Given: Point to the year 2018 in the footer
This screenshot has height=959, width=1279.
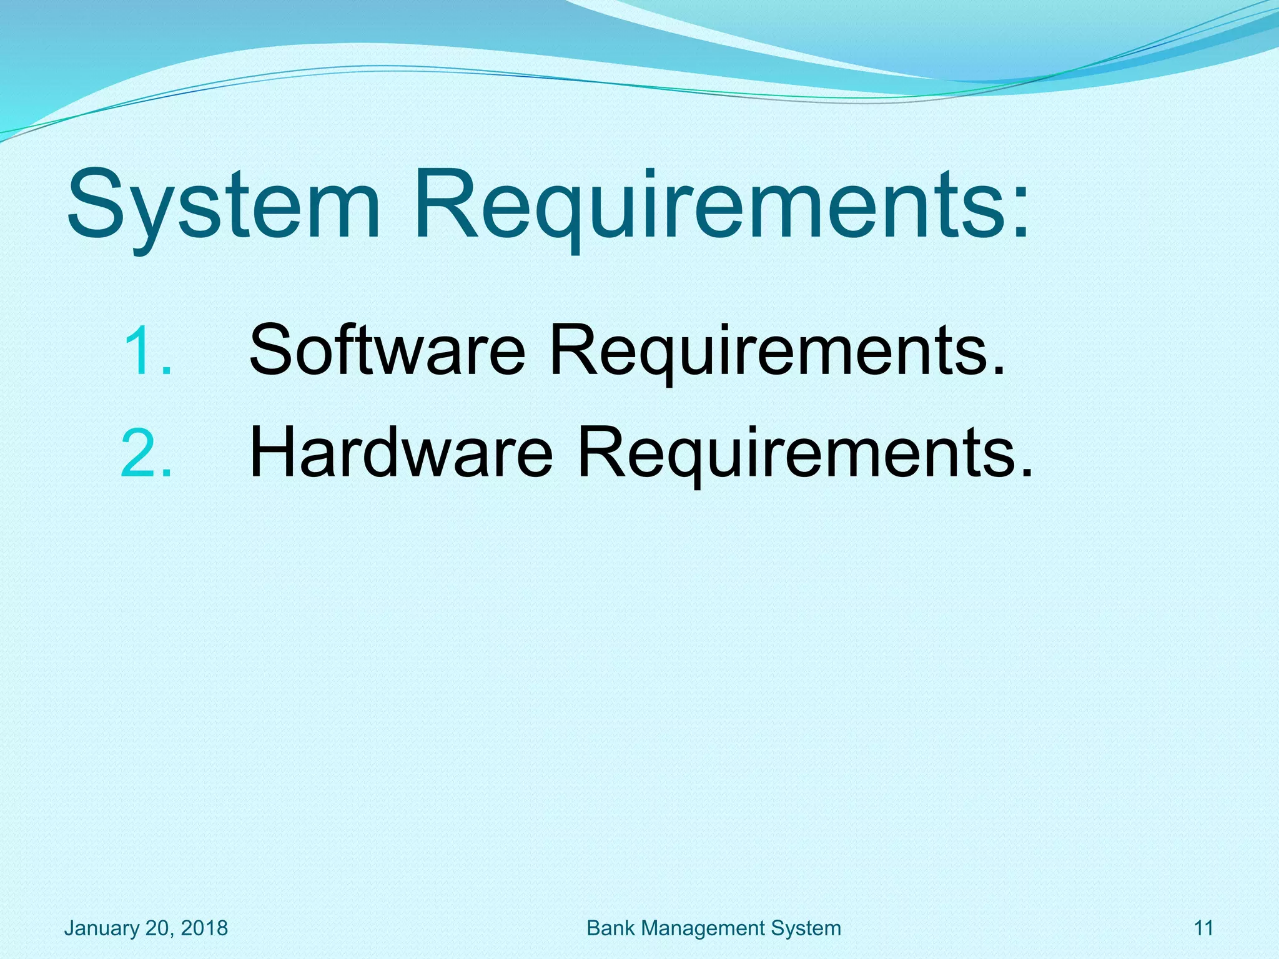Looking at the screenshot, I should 204,928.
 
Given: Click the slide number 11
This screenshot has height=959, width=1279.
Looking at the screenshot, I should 1203,928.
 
